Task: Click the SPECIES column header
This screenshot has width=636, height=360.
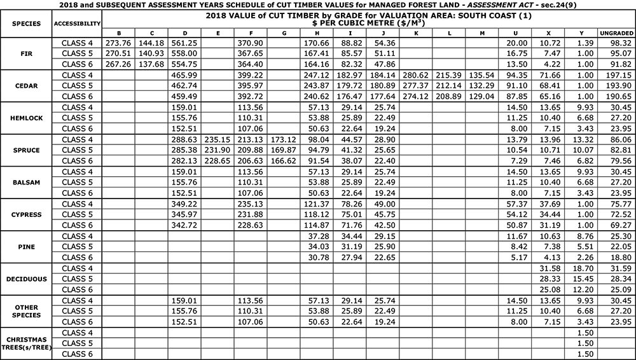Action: pos(26,24)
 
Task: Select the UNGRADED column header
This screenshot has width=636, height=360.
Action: pos(616,33)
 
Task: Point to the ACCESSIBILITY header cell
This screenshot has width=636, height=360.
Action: pos(78,24)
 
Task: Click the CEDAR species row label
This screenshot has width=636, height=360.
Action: pos(26,85)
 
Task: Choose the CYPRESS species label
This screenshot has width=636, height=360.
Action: pos(26,214)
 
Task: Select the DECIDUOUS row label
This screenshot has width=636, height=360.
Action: pos(26,279)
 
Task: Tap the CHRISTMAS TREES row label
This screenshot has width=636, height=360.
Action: pos(26,343)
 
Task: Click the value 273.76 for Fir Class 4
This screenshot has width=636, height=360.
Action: pos(118,43)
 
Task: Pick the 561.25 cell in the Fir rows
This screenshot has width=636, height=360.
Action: pos(184,43)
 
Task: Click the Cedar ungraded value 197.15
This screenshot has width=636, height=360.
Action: pos(616,75)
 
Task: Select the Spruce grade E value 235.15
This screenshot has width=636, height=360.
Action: pos(218,139)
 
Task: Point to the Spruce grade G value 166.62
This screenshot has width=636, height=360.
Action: pos(284,161)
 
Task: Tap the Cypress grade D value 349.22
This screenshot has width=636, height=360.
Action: pos(184,204)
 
